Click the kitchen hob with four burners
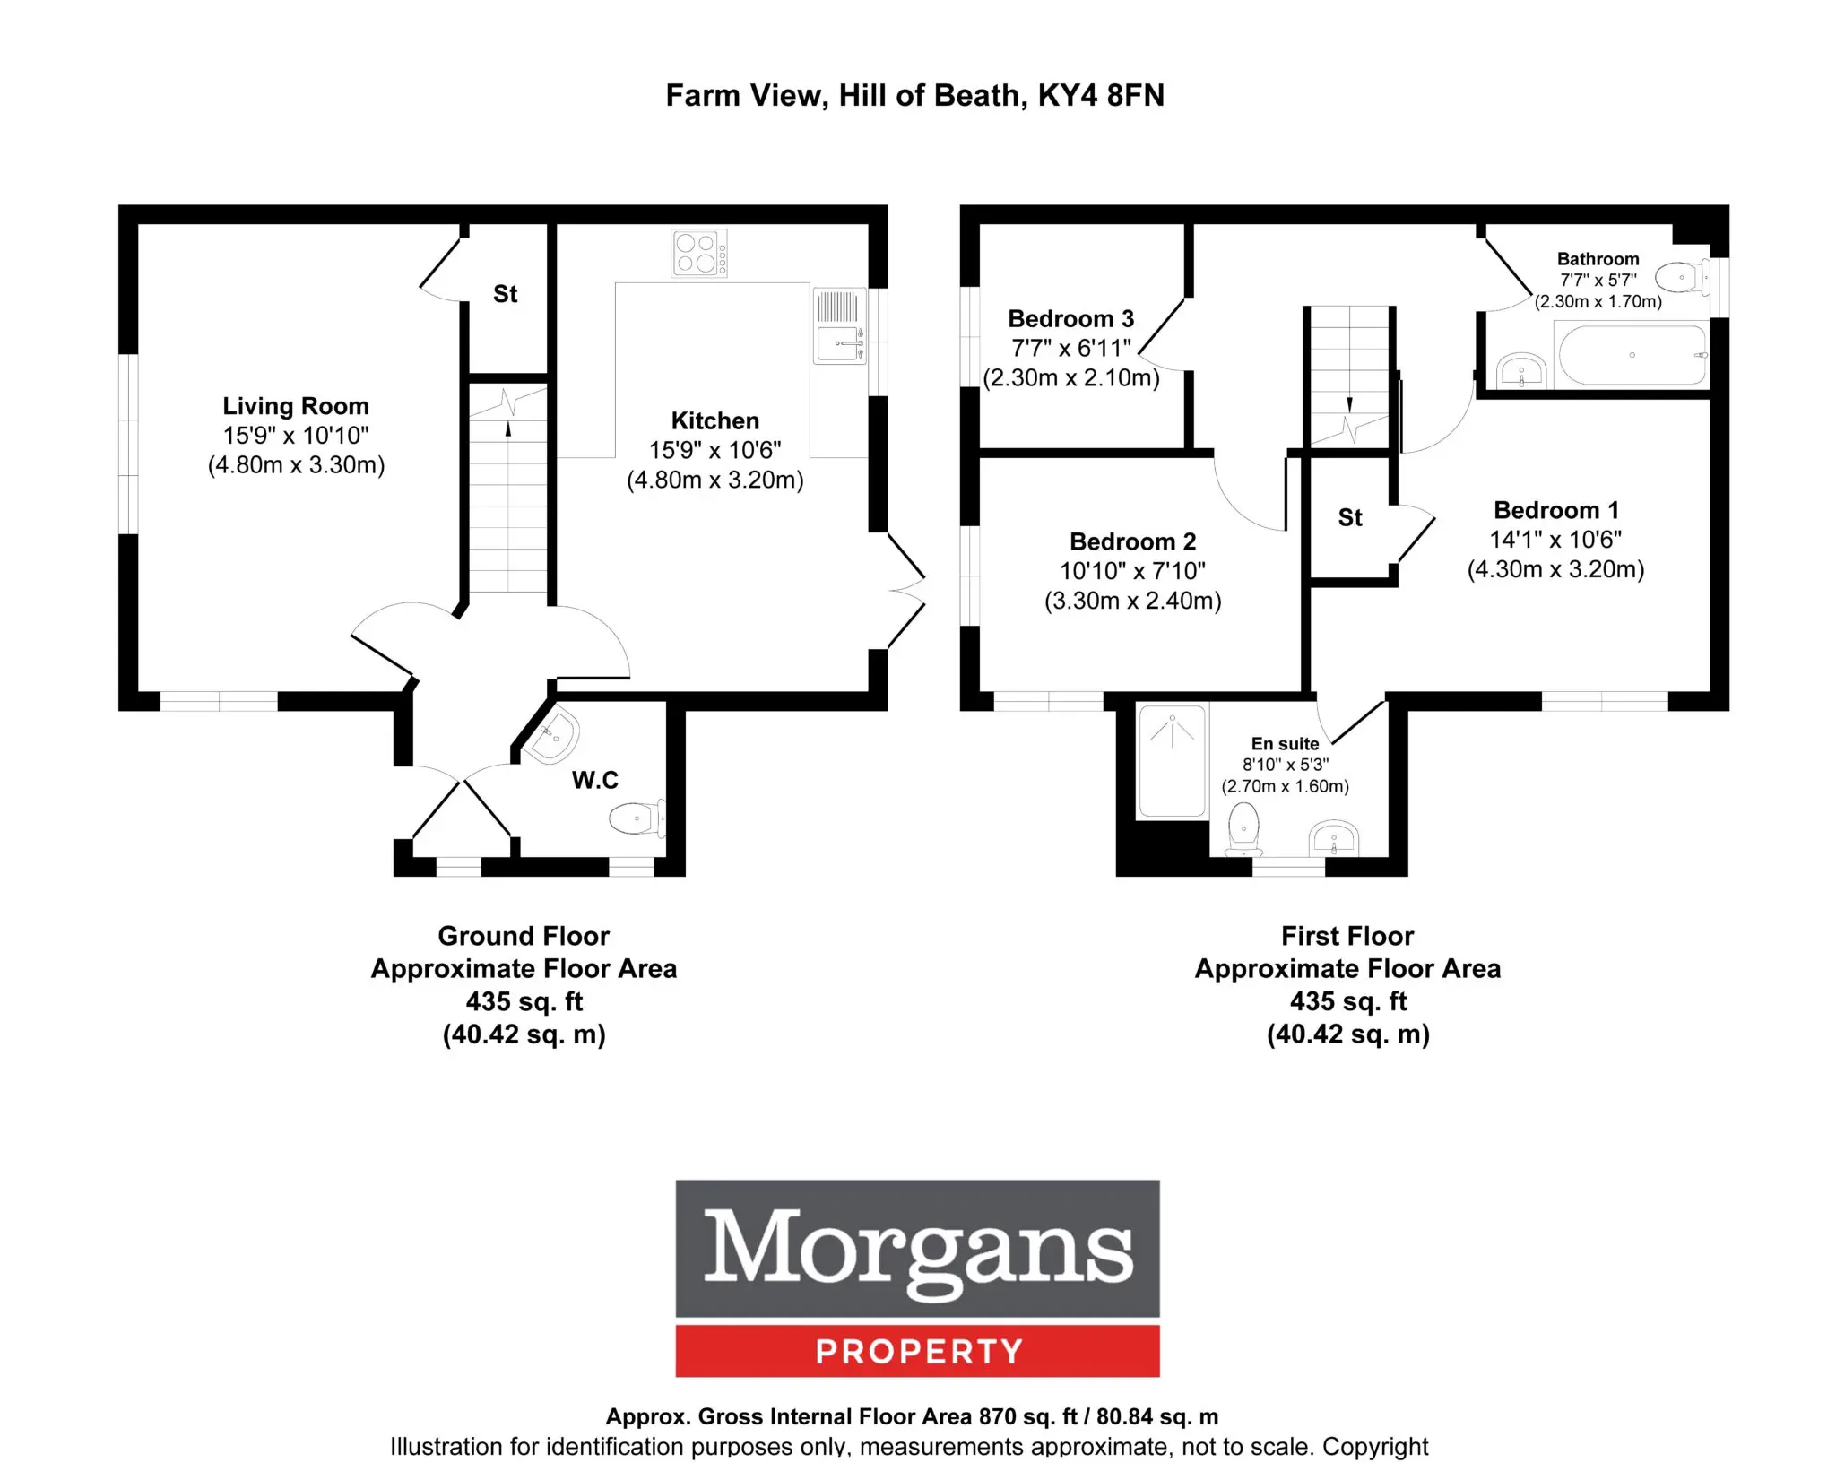click(x=699, y=253)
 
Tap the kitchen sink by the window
click(x=839, y=325)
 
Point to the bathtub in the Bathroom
click(x=1632, y=355)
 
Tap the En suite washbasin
click(x=1334, y=839)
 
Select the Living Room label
click(x=296, y=406)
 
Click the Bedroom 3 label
click(x=1071, y=319)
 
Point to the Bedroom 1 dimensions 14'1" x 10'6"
click(x=1555, y=540)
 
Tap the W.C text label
click(x=595, y=780)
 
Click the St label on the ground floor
click(x=506, y=294)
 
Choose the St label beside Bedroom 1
click(x=1350, y=517)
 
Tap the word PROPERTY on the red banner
click(x=919, y=1351)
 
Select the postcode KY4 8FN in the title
click(x=1101, y=95)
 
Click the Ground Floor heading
click(x=524, y=936)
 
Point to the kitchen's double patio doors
click(x=905, y=591)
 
